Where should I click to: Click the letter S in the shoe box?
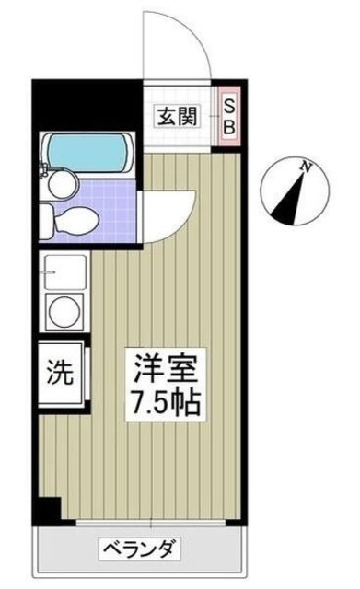pyautogui.click(x=227, y=106)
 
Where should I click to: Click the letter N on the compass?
pyautogui.click(x=305, y=165)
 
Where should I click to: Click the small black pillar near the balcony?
pyautogui.click(x=51, y=507)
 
